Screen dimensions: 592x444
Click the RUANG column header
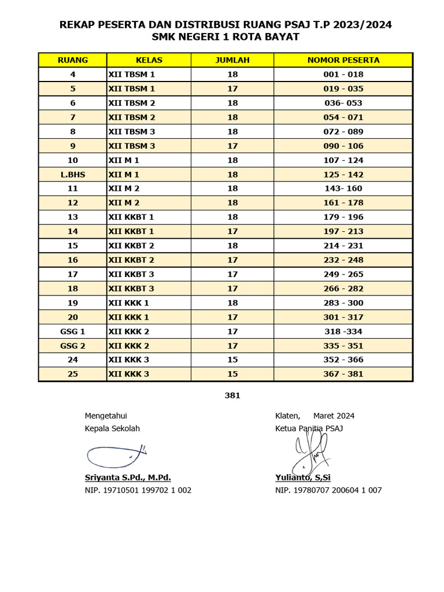73,60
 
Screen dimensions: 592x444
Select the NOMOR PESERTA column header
343,60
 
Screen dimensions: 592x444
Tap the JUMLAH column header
232,60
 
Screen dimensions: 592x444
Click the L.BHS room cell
73,175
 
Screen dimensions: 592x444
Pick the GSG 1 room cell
73,332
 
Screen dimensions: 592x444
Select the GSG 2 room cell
73,346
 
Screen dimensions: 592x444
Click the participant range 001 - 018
343,75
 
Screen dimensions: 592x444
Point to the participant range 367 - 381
343,374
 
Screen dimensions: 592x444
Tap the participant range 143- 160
343,188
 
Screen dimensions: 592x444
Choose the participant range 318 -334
343,332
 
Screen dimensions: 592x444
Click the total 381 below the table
232,396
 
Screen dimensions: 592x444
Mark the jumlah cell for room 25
232,374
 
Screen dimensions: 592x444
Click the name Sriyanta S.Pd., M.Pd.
128,478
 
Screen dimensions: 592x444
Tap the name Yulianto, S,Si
303,478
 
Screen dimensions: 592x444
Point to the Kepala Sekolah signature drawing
116,455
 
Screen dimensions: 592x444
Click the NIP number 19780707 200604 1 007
328,490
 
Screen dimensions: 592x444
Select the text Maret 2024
334,416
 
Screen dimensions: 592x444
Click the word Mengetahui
106,416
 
